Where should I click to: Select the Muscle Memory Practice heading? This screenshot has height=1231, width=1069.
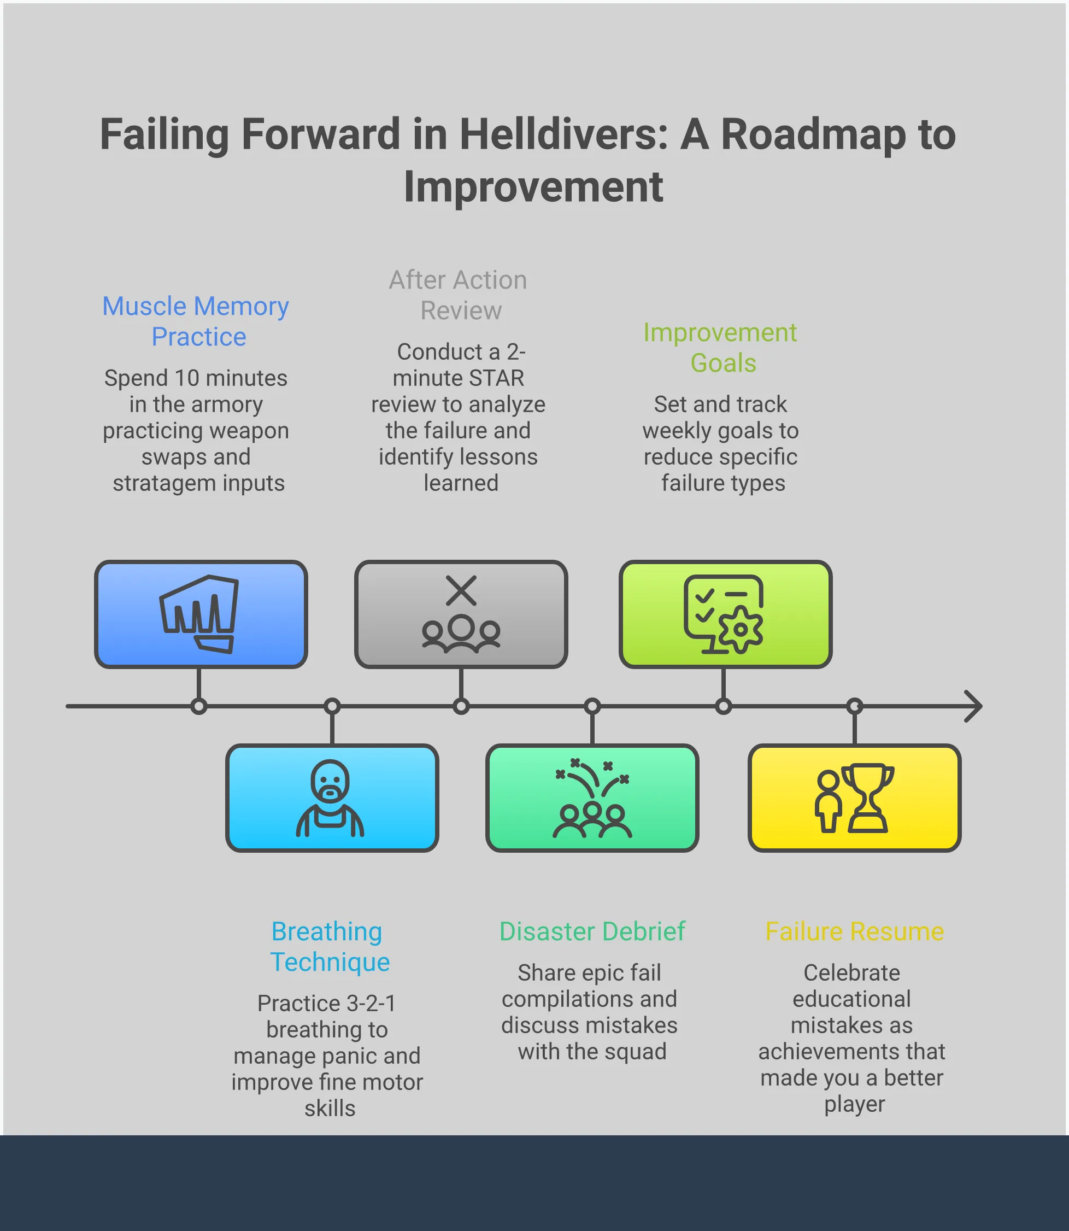click(x=196, y=321)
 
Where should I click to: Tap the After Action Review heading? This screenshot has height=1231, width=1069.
click(x=458, y=295)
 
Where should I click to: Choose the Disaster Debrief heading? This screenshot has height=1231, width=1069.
click(x=592, y=931)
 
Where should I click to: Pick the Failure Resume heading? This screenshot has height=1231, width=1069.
click(x=854, y=931)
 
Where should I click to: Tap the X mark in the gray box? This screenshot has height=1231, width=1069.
click(x=461, y=591)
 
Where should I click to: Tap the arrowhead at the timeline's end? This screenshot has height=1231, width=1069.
click(x=973, y=706)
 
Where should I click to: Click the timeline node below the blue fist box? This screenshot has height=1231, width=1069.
click(x=199, y=706)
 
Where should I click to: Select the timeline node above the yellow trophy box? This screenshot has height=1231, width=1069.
click(x=855, y=706)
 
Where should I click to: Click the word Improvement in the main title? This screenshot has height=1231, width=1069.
click(x=533, y=187)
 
